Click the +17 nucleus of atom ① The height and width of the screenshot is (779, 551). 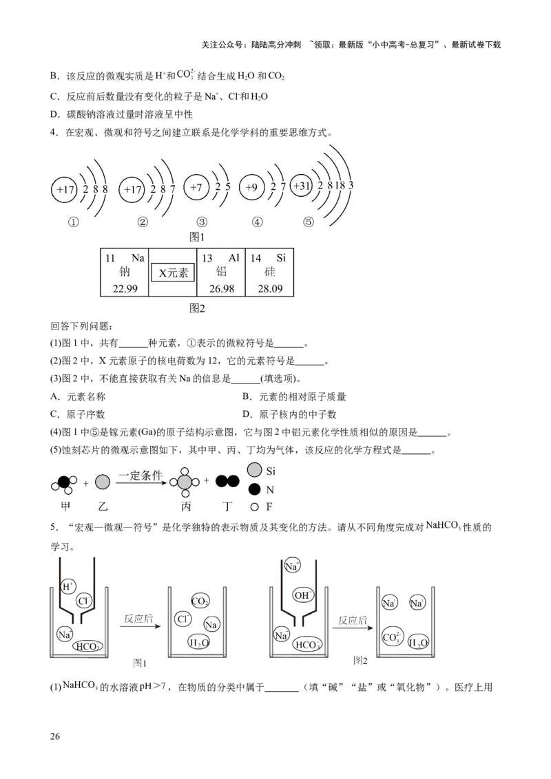[66, 189]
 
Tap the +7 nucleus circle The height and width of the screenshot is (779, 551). [196, 187]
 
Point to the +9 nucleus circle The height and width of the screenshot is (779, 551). [252, 187]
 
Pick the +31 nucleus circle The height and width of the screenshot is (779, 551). [302, 186]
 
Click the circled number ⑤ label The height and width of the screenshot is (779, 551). [308, 222]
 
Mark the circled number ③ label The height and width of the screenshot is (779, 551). [201, 222]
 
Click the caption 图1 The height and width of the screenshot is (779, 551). [198, 236]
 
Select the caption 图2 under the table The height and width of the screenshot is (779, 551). [198, 308]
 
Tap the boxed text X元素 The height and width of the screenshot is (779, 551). [173, 273]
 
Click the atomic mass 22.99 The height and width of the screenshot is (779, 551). [125, 288]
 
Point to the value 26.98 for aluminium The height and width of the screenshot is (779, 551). [221, 288]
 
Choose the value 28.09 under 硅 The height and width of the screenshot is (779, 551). [269, 288]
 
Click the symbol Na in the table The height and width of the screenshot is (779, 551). [138, 258]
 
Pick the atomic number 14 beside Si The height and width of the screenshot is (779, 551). [256, 258]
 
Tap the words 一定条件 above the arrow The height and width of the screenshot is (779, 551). [140, 476]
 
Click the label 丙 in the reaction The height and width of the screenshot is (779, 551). [185, 506]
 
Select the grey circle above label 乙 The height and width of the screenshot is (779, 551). [103, 482]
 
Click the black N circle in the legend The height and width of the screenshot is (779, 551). [254, 490]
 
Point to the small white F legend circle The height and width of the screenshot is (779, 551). [254, 508]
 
